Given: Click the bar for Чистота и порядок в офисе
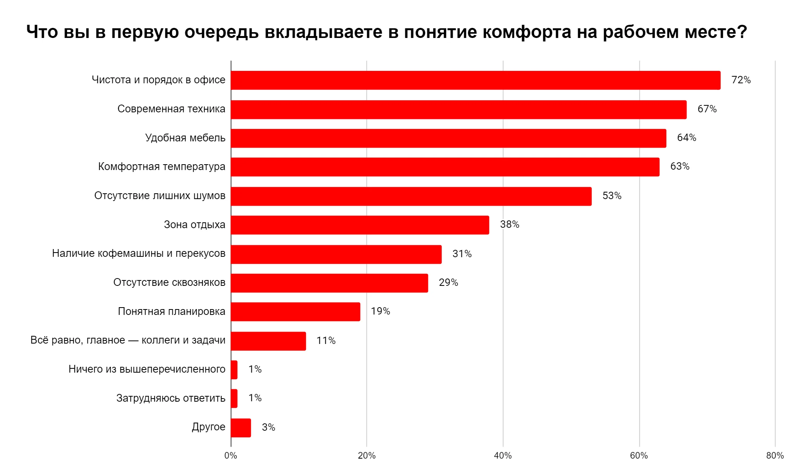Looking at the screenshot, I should tap(475, 80).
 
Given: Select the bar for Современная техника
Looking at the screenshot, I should tap(458, 110).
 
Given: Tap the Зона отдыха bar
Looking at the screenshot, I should tap(360, 225).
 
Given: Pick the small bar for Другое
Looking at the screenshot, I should tap(241, 428).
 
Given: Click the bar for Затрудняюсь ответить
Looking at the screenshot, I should tap(234, 399).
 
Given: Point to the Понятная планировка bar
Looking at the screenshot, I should tap(295, 312).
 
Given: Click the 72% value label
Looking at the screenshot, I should tap(741, 80).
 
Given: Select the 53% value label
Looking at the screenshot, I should tap(612, 196).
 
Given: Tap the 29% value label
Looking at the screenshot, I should tap(448, 283).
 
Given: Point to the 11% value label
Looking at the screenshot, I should tap(326, 341).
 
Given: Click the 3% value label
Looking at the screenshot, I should tap(268, 428).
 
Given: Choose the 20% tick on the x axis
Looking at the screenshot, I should tap(367, 456).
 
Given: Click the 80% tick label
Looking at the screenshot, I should tap(775, 456).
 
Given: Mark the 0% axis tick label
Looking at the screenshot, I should tap(231, 456).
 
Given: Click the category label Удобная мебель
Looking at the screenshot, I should tap(185, 138).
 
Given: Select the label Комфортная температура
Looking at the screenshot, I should tap(161, 167).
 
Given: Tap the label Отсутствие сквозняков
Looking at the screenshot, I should tap(169, 282).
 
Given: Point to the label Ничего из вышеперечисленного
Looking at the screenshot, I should tap(147, 369).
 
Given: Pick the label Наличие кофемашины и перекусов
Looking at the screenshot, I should tap(139, 253).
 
